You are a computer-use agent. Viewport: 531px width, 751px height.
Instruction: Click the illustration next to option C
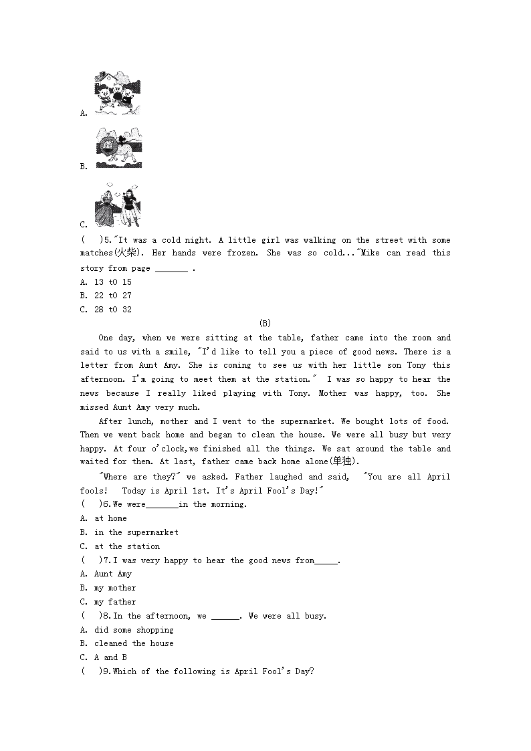point(118,207)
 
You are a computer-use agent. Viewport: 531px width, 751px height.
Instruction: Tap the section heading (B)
point(265,324)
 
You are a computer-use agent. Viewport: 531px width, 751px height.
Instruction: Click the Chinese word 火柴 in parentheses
point(124,253)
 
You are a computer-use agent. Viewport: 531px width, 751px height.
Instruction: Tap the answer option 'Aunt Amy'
point(113,574)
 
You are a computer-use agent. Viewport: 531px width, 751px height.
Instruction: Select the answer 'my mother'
point(115,588)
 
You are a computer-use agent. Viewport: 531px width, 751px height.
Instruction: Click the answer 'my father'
point(115,602)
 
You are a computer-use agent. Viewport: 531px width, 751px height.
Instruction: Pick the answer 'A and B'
point(110,657)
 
